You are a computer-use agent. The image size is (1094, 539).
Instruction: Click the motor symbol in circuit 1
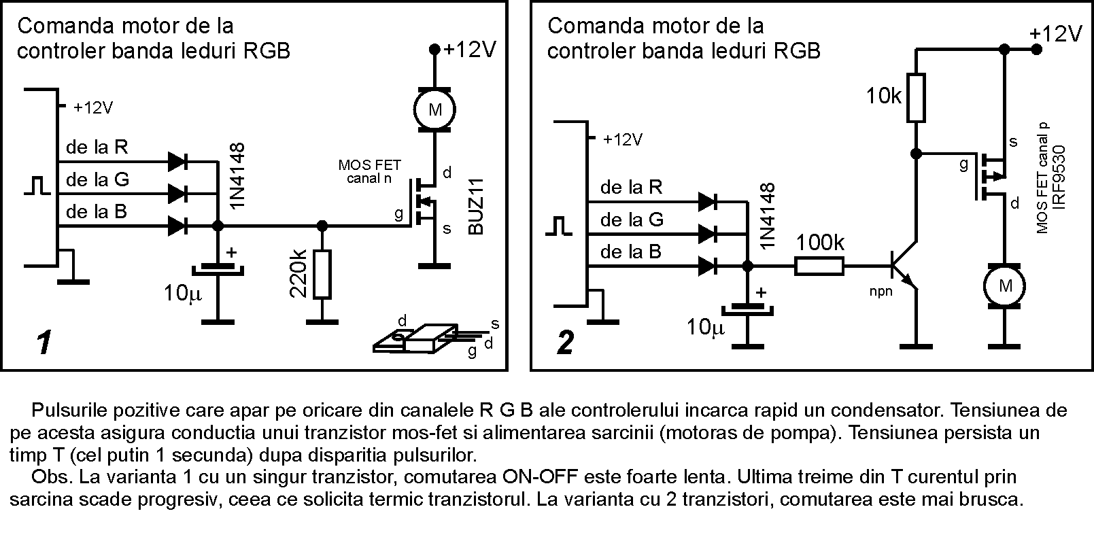(x=434, y=110)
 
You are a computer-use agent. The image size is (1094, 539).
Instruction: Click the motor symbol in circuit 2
(x=1004, y=287)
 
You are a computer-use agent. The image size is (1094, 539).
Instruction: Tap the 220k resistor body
(x=322, y=275)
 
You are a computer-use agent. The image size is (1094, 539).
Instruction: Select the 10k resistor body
(x=916, y=98)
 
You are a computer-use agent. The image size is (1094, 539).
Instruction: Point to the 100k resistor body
(x=819, y=266)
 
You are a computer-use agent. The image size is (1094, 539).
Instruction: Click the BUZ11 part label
(x=476, y=207)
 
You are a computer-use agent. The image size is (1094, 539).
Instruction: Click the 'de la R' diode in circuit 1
(x=177, y=161)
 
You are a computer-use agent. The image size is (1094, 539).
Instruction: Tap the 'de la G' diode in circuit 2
(x=708, y=234)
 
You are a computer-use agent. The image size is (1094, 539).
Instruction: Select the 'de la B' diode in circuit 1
(x=177, y=226)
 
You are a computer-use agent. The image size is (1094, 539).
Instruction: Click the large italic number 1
(x=44, y=343)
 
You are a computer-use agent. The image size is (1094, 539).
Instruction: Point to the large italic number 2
(x=566, y=343)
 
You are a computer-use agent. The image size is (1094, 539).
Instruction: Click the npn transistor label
(x=881, y=292)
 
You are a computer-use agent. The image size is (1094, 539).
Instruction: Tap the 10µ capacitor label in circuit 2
(x=705, y=327)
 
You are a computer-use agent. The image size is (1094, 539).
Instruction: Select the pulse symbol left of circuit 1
(x=37, y=185)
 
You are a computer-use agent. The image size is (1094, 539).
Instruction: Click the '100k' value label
(x=820, y=243)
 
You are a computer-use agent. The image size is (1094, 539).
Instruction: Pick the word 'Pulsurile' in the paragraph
(x=69, y=410)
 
